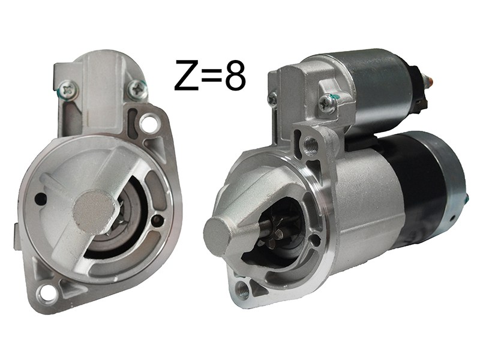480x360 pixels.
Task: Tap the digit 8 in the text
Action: pyautogui.click(x=235, y=75)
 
